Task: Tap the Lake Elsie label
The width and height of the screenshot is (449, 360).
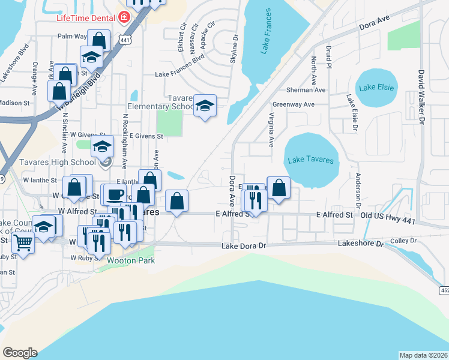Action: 376,88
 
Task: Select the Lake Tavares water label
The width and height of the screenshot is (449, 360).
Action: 310,160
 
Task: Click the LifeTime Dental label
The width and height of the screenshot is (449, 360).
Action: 86,17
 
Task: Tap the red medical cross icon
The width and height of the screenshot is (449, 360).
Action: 124,17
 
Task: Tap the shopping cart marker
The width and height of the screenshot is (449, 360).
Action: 23,243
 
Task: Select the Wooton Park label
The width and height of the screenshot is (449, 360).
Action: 131,260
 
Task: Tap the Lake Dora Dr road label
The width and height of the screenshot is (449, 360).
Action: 243,246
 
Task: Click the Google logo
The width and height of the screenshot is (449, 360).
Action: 20,353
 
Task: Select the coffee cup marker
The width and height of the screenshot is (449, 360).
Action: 116,194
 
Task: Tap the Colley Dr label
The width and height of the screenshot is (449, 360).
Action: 404,241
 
